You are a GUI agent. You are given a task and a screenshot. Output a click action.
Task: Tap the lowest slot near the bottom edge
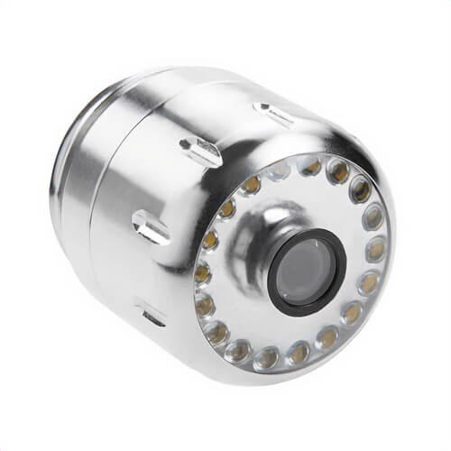point(152,315)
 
